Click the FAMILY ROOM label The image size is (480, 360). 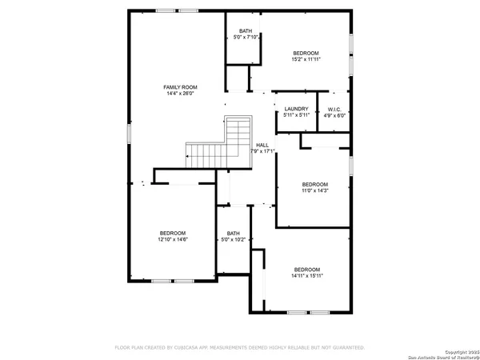point(180,87)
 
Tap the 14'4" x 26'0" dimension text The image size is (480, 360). point(180,94)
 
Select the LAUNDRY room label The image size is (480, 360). point(296,109)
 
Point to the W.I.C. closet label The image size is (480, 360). point(335,109)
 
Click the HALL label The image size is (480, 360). point(262,145)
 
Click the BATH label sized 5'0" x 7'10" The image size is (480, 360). point(244,30)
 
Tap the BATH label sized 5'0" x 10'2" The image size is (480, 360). point(233,234)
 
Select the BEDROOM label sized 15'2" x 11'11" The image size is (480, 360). point(306,52)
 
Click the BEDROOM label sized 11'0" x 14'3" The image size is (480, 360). point(314,183)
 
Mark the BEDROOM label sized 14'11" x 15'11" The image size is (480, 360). point(306,269)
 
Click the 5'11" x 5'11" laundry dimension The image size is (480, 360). point(296,115)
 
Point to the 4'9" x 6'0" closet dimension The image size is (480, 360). point(335,115)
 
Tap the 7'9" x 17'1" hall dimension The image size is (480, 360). point(262,151)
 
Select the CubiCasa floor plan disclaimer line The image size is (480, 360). point(240,347)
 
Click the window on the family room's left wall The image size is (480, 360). point(129,134)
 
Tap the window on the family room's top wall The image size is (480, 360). point(166,10)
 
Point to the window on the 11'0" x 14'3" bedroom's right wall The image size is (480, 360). point(350,166)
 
